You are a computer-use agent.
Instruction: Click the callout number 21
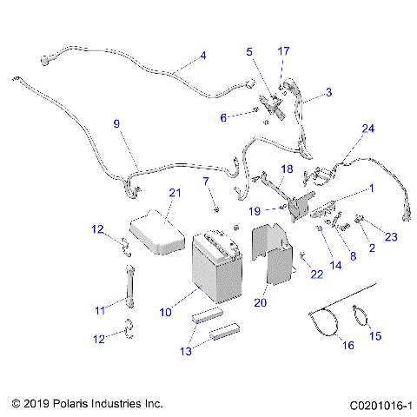click(175, 192)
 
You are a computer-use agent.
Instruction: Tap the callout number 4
click(202, 56)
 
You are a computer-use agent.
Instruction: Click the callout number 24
click(368, 129)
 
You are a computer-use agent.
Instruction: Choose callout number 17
click(282, 50)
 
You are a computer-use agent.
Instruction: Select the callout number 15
click(375, 335)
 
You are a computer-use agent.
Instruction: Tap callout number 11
click(101, 309)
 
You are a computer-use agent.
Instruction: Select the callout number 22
click(316, 275)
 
